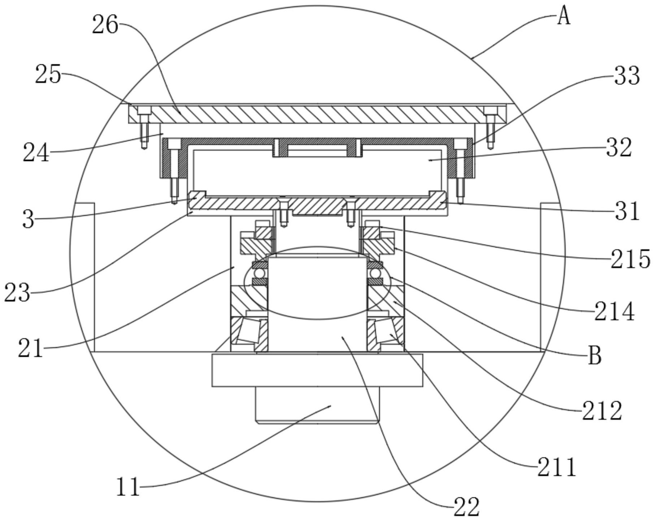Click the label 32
(x=619, y=148)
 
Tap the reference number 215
(x=630, y=259)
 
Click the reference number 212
(x=602, y=411)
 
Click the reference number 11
(x=128, y=487)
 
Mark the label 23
(x=17, y=292)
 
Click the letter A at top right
(x=563, y=17)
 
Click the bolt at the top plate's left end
(x=144, y=127)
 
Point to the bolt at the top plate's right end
(x=490, y=127)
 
